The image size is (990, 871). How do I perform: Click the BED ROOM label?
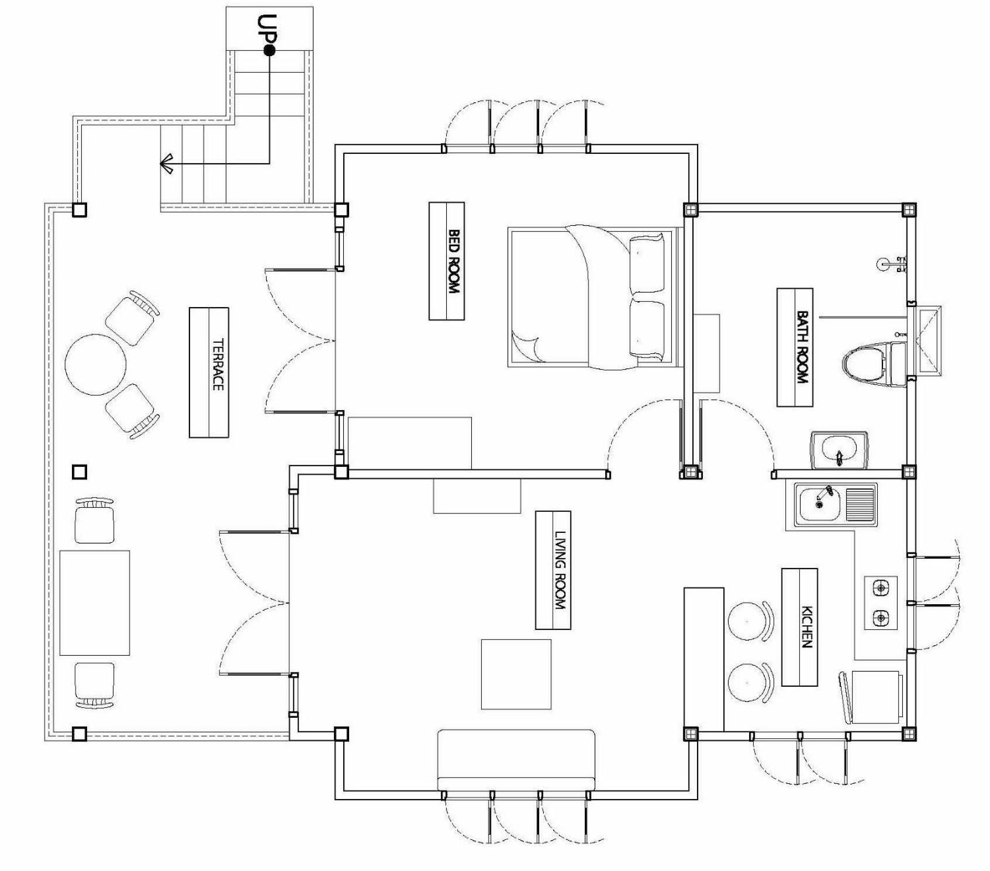[x=454, y=261]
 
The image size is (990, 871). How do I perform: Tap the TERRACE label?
[x=218, y=364]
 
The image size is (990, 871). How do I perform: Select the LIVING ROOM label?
[x=560, y=570]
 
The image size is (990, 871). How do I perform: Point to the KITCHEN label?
[x=806, y=626]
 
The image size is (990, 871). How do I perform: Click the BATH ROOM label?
[x=802, y=347]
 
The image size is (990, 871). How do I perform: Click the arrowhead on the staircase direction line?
[x=167, y=164]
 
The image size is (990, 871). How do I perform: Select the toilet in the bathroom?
[x=874, y=364]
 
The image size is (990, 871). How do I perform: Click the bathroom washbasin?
[x=839, y=450]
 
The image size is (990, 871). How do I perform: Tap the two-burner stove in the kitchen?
[x=881, y=603]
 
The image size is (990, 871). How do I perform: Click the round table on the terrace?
[x=95, y=364]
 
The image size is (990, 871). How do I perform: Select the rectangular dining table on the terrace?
[x=95, y=603]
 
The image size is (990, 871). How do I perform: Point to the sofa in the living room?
[x=516, y=760]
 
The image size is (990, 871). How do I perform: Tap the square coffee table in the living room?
[x=516, y=674]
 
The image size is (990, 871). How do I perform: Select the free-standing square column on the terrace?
[x=80, y=471]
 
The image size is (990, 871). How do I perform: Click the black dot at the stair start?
[x=269, y=51]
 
